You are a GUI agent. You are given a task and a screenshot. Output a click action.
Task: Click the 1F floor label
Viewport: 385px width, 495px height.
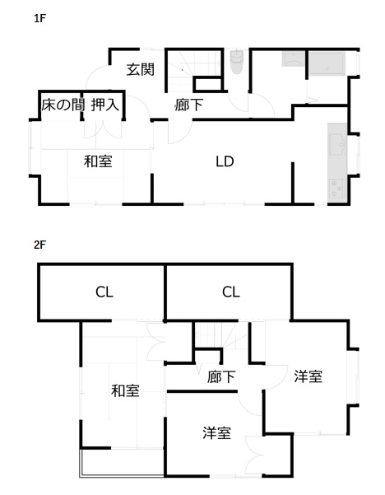[40, 18]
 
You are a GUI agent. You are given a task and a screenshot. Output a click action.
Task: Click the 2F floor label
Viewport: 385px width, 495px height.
[40, 245]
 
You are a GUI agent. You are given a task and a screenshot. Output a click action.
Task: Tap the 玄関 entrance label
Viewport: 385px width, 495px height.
[141, 69]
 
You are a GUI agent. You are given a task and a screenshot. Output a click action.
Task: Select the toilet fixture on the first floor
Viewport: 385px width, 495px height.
[237, 62]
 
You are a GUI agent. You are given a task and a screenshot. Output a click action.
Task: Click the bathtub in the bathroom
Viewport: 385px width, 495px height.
[327, 64]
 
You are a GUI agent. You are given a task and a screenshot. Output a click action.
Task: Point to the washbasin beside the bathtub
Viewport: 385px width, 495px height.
[293, 59]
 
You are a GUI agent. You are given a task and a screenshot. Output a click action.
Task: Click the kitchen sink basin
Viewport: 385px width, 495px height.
[337, 144]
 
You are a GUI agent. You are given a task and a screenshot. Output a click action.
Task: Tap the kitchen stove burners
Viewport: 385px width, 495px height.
[337, 189]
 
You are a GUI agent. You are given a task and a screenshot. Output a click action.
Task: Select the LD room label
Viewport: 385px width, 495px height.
[225, 161]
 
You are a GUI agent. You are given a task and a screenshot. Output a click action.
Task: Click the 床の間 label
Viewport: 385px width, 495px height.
[63, 105]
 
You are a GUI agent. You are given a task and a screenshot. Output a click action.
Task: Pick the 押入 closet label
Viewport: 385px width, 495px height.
[105, 105]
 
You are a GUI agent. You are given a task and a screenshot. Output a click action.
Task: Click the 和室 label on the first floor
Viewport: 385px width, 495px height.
[98, 161]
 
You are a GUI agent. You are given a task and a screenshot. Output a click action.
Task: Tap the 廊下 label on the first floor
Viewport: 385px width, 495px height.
[189, 105]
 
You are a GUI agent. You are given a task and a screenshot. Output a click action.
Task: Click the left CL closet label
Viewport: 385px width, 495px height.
[104, 292]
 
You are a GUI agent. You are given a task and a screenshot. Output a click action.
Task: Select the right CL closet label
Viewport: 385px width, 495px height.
[231, 292]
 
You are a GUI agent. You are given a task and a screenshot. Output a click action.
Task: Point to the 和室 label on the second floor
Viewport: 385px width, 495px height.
[125, 391]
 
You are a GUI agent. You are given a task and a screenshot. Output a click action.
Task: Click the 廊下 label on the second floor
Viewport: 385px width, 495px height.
[221, 376]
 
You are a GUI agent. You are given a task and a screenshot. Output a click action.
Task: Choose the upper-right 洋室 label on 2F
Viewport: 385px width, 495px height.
[308, 376]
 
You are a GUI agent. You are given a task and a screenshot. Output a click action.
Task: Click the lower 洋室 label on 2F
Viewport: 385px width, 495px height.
[216, 432]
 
